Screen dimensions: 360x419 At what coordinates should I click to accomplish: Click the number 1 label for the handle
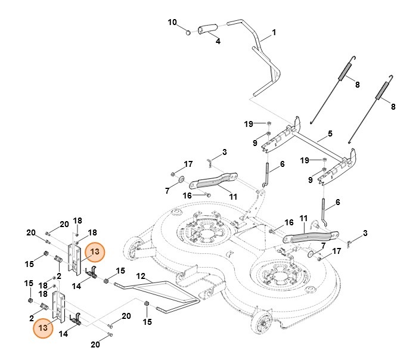click(x=274, y=32)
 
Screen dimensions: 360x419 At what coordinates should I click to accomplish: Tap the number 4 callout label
click(x=218, y=42)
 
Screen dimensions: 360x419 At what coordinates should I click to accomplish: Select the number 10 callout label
click(x=172, y=23)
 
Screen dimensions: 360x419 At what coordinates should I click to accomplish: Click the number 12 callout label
click(x=141, y=276)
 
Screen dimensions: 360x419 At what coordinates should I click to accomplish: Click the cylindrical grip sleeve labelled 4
click(x=209, y=28)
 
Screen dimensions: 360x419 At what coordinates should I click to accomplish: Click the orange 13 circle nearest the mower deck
click(x=94, y=253)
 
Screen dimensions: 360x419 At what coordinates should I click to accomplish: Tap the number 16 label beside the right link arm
click(x=288, y=222)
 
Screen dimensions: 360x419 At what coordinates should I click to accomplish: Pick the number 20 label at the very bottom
click(x=95, y=345)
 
